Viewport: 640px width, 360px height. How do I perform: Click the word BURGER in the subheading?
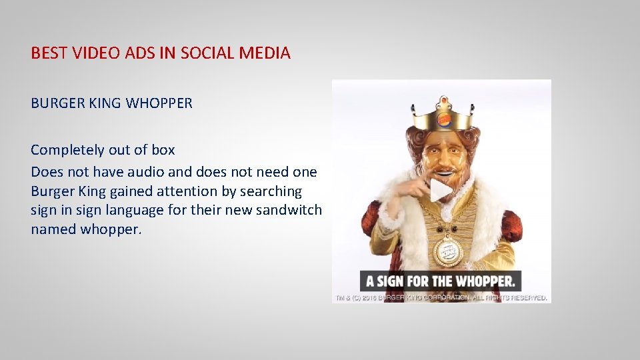coord(55,103)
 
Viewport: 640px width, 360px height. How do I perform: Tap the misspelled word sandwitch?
coord(291,211)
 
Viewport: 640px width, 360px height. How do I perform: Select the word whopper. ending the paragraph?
coord(111,230)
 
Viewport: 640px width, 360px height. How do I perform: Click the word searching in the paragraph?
coord(271,191)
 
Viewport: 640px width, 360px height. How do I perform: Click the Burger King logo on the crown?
coord(444,120)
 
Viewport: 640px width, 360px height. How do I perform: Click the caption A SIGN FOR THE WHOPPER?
coord(441,281)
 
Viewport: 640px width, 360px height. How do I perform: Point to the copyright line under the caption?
coord(441,297)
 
